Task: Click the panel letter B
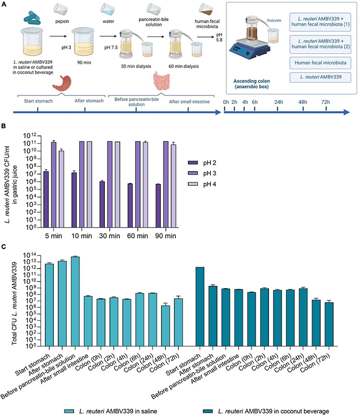tap(4, 125)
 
